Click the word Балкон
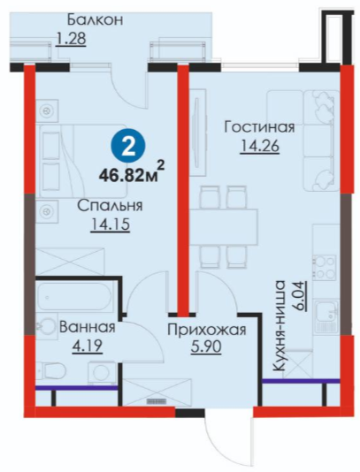[95, 20]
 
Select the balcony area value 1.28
[72, 39]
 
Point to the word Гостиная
[259, 127]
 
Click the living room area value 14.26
[260, 147]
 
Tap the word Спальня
[110, 206]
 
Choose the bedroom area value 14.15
[111, 225]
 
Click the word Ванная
[88, 327]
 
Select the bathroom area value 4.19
[88, 346]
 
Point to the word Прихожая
[207, 330]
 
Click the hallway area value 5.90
[206, 347]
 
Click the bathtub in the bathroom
[74, 296]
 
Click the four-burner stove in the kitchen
[324, 267]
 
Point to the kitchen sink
[326, 312]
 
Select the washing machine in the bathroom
[102, 373]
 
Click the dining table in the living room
[224, 227]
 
